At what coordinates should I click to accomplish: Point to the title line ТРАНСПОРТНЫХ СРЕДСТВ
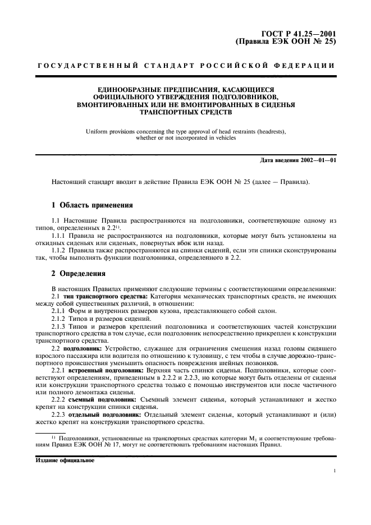185,112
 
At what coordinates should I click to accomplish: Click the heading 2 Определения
78,274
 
